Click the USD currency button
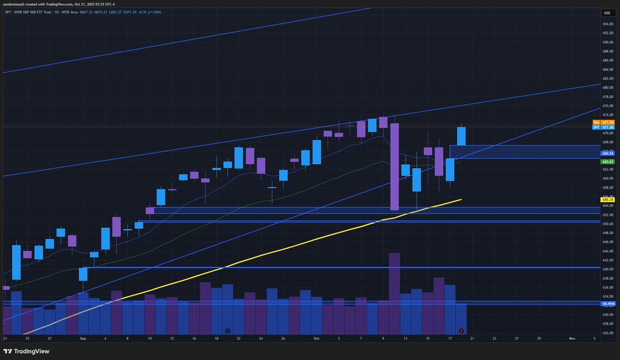(607, 13)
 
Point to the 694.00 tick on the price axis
(607, 24)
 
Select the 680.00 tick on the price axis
(607, 87)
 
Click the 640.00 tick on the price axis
(607, 269)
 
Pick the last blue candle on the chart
(461, 136)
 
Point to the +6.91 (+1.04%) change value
(148, 11)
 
